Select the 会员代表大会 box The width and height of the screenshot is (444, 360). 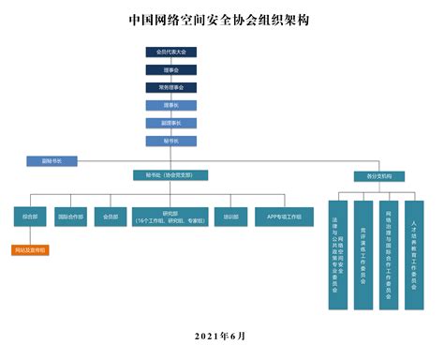[171, 52]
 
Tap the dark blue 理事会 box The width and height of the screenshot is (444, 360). [171, 69]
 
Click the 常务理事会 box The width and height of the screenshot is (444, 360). [171, 87]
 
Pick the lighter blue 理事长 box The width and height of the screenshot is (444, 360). [171, 105]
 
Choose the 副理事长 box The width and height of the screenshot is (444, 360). [171, 123]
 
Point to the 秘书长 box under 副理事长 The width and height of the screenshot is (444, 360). [171, 141]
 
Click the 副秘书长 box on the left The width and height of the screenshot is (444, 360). [52, 160]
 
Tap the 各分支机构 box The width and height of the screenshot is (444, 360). [366, 175]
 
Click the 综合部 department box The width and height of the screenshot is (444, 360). [29, 217]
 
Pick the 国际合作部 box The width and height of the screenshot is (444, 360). [71, 217]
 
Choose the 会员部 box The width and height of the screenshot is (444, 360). [111, 217]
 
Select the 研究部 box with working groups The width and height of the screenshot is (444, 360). [170, 217]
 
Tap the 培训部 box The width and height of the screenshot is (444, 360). [230, 217]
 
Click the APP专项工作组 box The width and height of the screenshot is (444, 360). [283, 217]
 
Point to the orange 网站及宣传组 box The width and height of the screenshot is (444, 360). [29, 250]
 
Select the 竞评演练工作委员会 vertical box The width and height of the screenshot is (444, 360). [363, 254]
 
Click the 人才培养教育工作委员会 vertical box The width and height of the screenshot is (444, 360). [414, 254]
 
